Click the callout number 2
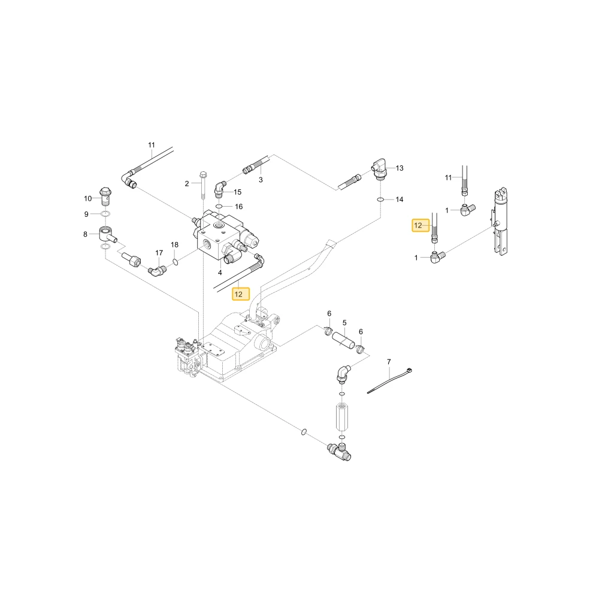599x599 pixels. (187, 184)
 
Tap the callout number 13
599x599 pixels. (400, 168)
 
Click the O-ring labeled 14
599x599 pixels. (380, 199)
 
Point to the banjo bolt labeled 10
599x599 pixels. (105, 196)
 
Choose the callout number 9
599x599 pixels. (86, 214)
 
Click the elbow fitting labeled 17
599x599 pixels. (157, 271)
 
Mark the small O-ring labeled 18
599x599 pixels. (175, 262)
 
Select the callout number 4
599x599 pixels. (220, 273)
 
